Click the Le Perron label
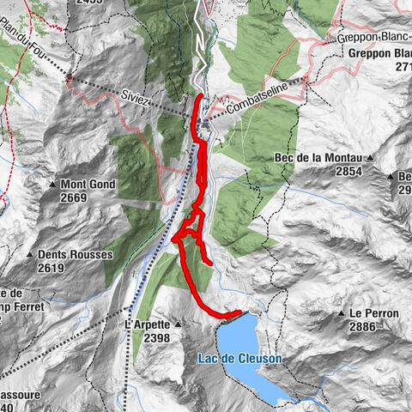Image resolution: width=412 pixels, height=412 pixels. (x=374, y=314)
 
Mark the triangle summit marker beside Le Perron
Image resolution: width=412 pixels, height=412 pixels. (x=342, y=314)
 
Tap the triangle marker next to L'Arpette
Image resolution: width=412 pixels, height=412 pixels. (x=177, y=325)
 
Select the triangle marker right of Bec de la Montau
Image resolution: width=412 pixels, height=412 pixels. (x=373, y=159)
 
